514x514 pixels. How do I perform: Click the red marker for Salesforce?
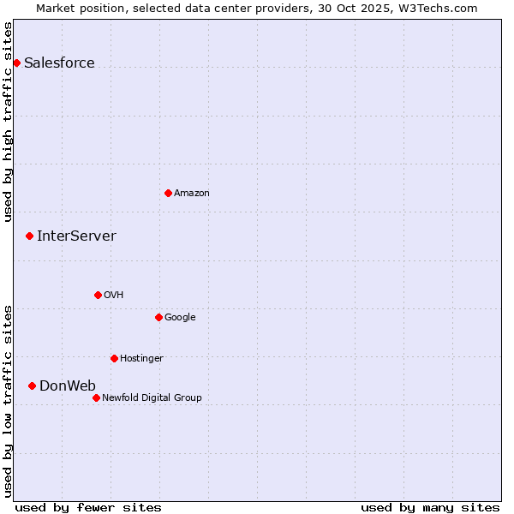[16, 63]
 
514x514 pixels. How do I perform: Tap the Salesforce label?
[59, 63]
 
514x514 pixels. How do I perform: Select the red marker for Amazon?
[168, 193]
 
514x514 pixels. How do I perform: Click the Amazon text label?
[192, 194]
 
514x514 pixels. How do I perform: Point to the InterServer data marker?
[29, 236]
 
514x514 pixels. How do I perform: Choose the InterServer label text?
[76, 236]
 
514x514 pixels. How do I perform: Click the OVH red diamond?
[98, 295]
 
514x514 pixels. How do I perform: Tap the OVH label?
[114, 296]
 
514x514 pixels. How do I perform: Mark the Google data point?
[158, 317]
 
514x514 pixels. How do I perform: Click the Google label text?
[180, 318]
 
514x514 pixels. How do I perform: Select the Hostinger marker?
[114, 358]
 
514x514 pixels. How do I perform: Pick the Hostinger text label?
[141, 359]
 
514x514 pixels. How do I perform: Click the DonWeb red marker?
[32, 385]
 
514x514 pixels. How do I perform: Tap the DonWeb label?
[68, 386]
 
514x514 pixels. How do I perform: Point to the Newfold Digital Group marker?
[96, 397]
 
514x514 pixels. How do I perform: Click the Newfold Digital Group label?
[152, 398]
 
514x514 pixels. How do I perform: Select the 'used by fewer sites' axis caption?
[88, 507]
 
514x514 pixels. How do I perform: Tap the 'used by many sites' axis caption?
[430, 507]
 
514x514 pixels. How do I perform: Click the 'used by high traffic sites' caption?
[9, 122]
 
